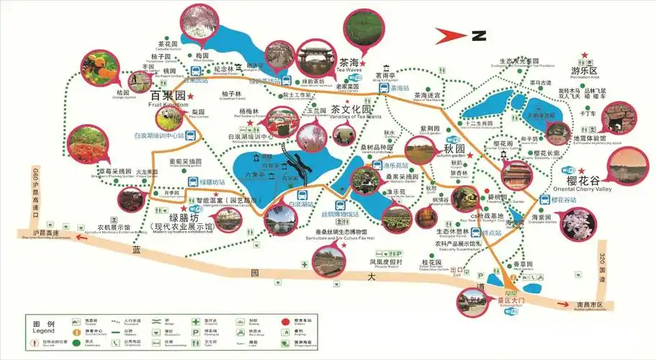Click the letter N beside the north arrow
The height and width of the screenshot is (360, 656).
pyautogui.click(x=479, y=35)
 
